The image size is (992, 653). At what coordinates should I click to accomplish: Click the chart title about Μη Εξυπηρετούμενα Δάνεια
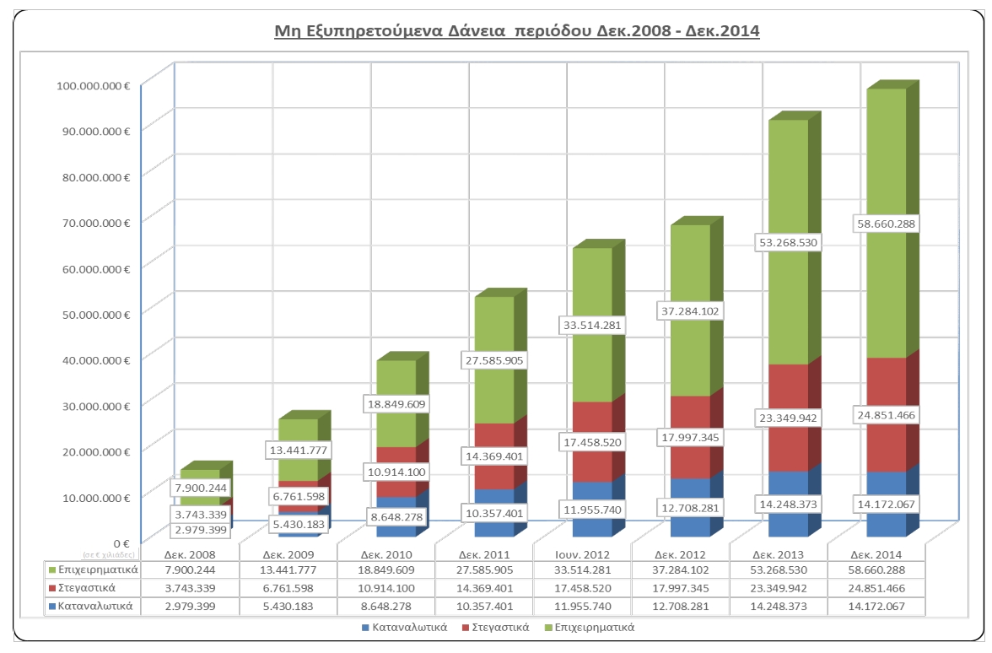point(518,32)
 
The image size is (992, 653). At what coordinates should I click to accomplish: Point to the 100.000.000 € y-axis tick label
point(92,84)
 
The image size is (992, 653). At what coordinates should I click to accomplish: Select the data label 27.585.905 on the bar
point(493,360)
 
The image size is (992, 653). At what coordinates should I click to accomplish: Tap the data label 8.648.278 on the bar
point(396,515)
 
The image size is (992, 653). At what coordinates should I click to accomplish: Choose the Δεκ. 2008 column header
point(190,554)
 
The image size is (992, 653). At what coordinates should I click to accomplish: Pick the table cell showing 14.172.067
point(876,606)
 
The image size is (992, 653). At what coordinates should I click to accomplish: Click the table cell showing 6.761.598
point(288,588)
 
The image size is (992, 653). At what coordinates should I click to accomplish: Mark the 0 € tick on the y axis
point(121,543)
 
